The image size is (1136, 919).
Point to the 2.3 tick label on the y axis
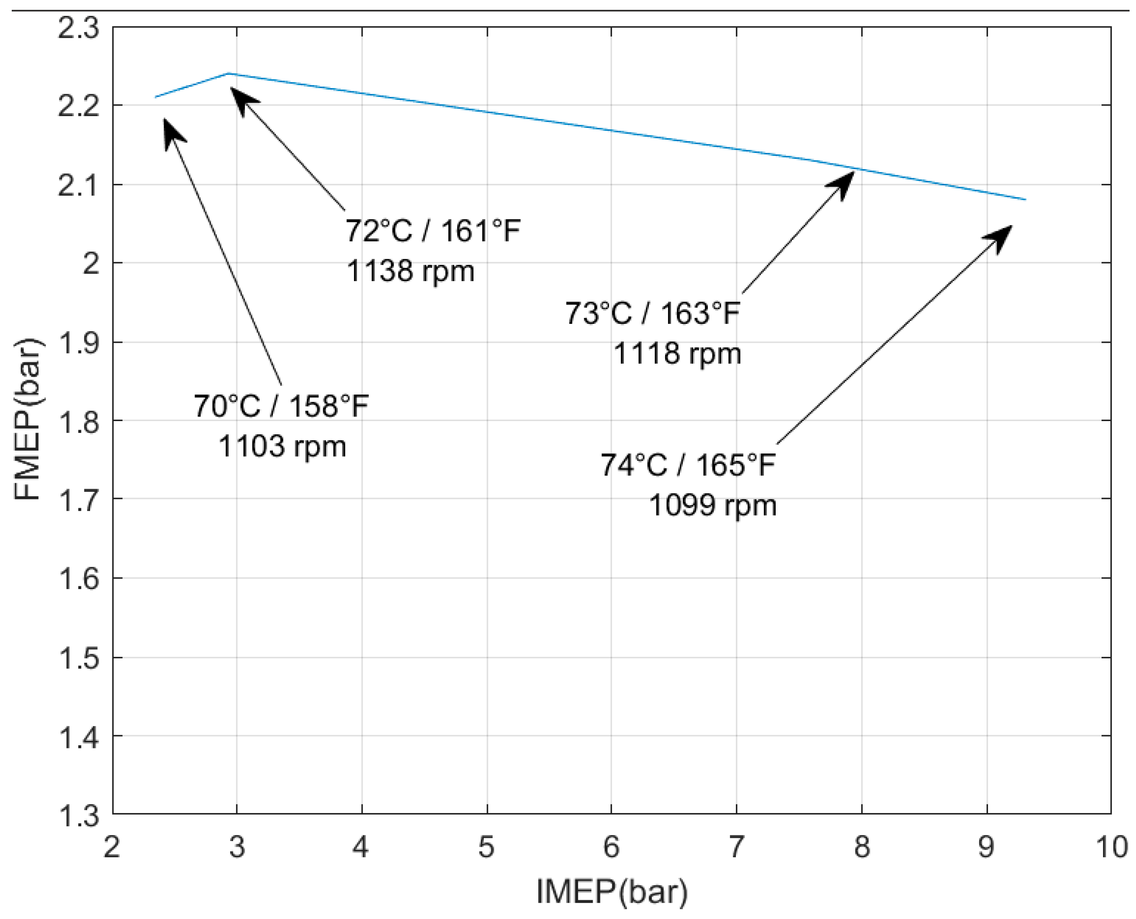coord(78,28)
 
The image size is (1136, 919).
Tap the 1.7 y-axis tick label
coord(78,500)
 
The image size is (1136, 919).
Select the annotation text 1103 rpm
coord(282,446)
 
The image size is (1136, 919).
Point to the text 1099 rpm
coord(713,505)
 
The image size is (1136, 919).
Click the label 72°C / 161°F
coord(433,231)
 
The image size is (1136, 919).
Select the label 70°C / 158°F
coord(281,407)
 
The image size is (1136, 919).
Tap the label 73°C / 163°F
coord(653,313)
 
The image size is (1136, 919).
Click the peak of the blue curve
coord(228,73)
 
